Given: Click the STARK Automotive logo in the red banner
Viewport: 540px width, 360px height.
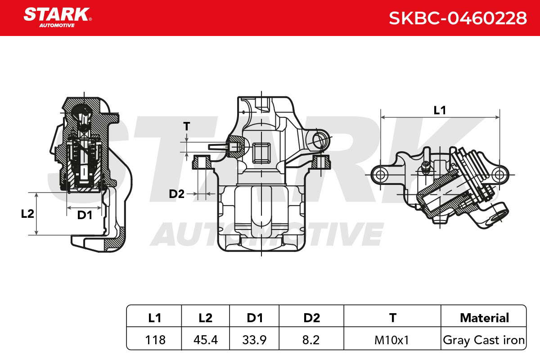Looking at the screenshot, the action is coord(58,18).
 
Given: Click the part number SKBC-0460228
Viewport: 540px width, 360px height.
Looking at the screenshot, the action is coord(458,18).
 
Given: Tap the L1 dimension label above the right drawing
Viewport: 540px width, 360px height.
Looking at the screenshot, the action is coord(440,110).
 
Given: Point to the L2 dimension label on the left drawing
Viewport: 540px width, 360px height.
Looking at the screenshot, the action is coord(27,214).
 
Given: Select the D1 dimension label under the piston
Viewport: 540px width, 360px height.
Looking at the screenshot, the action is coord(85,215).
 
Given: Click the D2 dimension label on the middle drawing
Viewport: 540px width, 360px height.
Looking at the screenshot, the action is coord(176,194).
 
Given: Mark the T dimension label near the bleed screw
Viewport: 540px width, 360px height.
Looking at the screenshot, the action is coord(187,126).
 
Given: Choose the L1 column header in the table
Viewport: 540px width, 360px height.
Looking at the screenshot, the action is coord(154,318).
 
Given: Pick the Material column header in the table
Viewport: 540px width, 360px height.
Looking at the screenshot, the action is coord(484,318).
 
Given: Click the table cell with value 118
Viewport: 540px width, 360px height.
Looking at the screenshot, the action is coord(155,340).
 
